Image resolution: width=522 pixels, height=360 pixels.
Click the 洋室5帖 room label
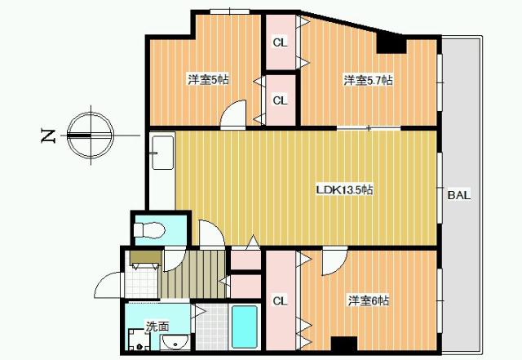point(209,80)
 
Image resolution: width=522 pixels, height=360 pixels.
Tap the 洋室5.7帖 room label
point(368,80)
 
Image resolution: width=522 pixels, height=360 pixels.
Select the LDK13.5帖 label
point(344,189)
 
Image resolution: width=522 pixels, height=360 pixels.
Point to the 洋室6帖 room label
point(369,300)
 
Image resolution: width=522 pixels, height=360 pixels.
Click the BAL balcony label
point(459,195)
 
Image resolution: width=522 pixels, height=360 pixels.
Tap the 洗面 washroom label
point(157,327)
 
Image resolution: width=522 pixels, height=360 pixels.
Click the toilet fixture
point(149,229)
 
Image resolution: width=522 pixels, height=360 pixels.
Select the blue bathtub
point(245,327)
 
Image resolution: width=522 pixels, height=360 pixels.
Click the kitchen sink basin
point(162,153)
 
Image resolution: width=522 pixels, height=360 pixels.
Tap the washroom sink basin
point(175,341)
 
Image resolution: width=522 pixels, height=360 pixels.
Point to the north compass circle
point(91,136)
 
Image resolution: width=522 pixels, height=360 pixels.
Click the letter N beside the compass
point(47,136)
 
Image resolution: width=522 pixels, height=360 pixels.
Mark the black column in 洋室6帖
point(344,344)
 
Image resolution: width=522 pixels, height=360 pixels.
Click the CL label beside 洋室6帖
point(280,301)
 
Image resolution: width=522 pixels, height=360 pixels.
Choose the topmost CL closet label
point(280,42)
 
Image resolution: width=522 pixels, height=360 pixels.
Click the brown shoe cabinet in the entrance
point(145,257)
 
